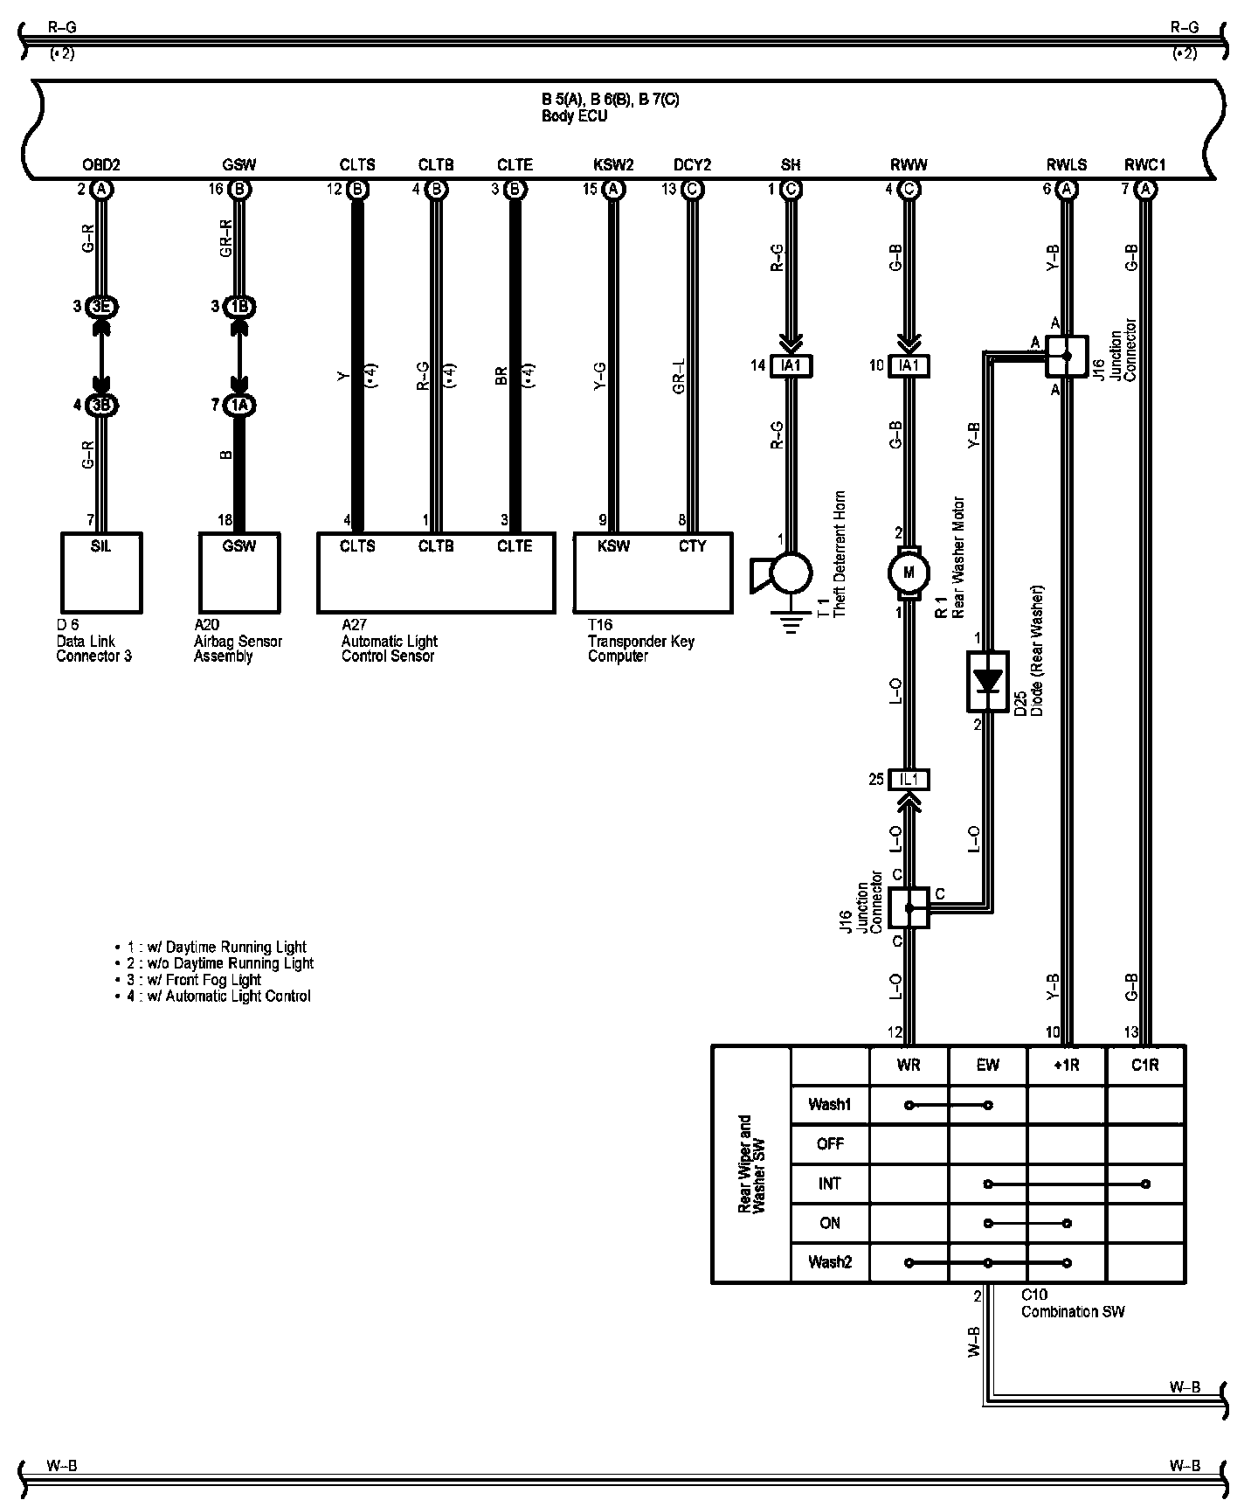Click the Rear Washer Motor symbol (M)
click(909, 573)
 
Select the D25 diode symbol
click(987, 681)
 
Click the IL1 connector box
click(909, 780)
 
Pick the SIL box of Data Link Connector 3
click(101, 573)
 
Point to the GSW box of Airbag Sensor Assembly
click(238, 573)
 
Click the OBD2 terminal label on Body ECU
click(100, 164)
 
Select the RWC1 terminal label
click(1144, 164)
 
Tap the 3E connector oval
click(101, 307)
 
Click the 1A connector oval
click(238, 405)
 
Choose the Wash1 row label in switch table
click(829, 1105)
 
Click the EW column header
click(987, 1066)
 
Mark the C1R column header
click(1144, 1066)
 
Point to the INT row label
click(829, 1184)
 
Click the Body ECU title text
click(574, 116)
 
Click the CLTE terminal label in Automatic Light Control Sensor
click(515, 545)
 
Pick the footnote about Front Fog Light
click(218, 980)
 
